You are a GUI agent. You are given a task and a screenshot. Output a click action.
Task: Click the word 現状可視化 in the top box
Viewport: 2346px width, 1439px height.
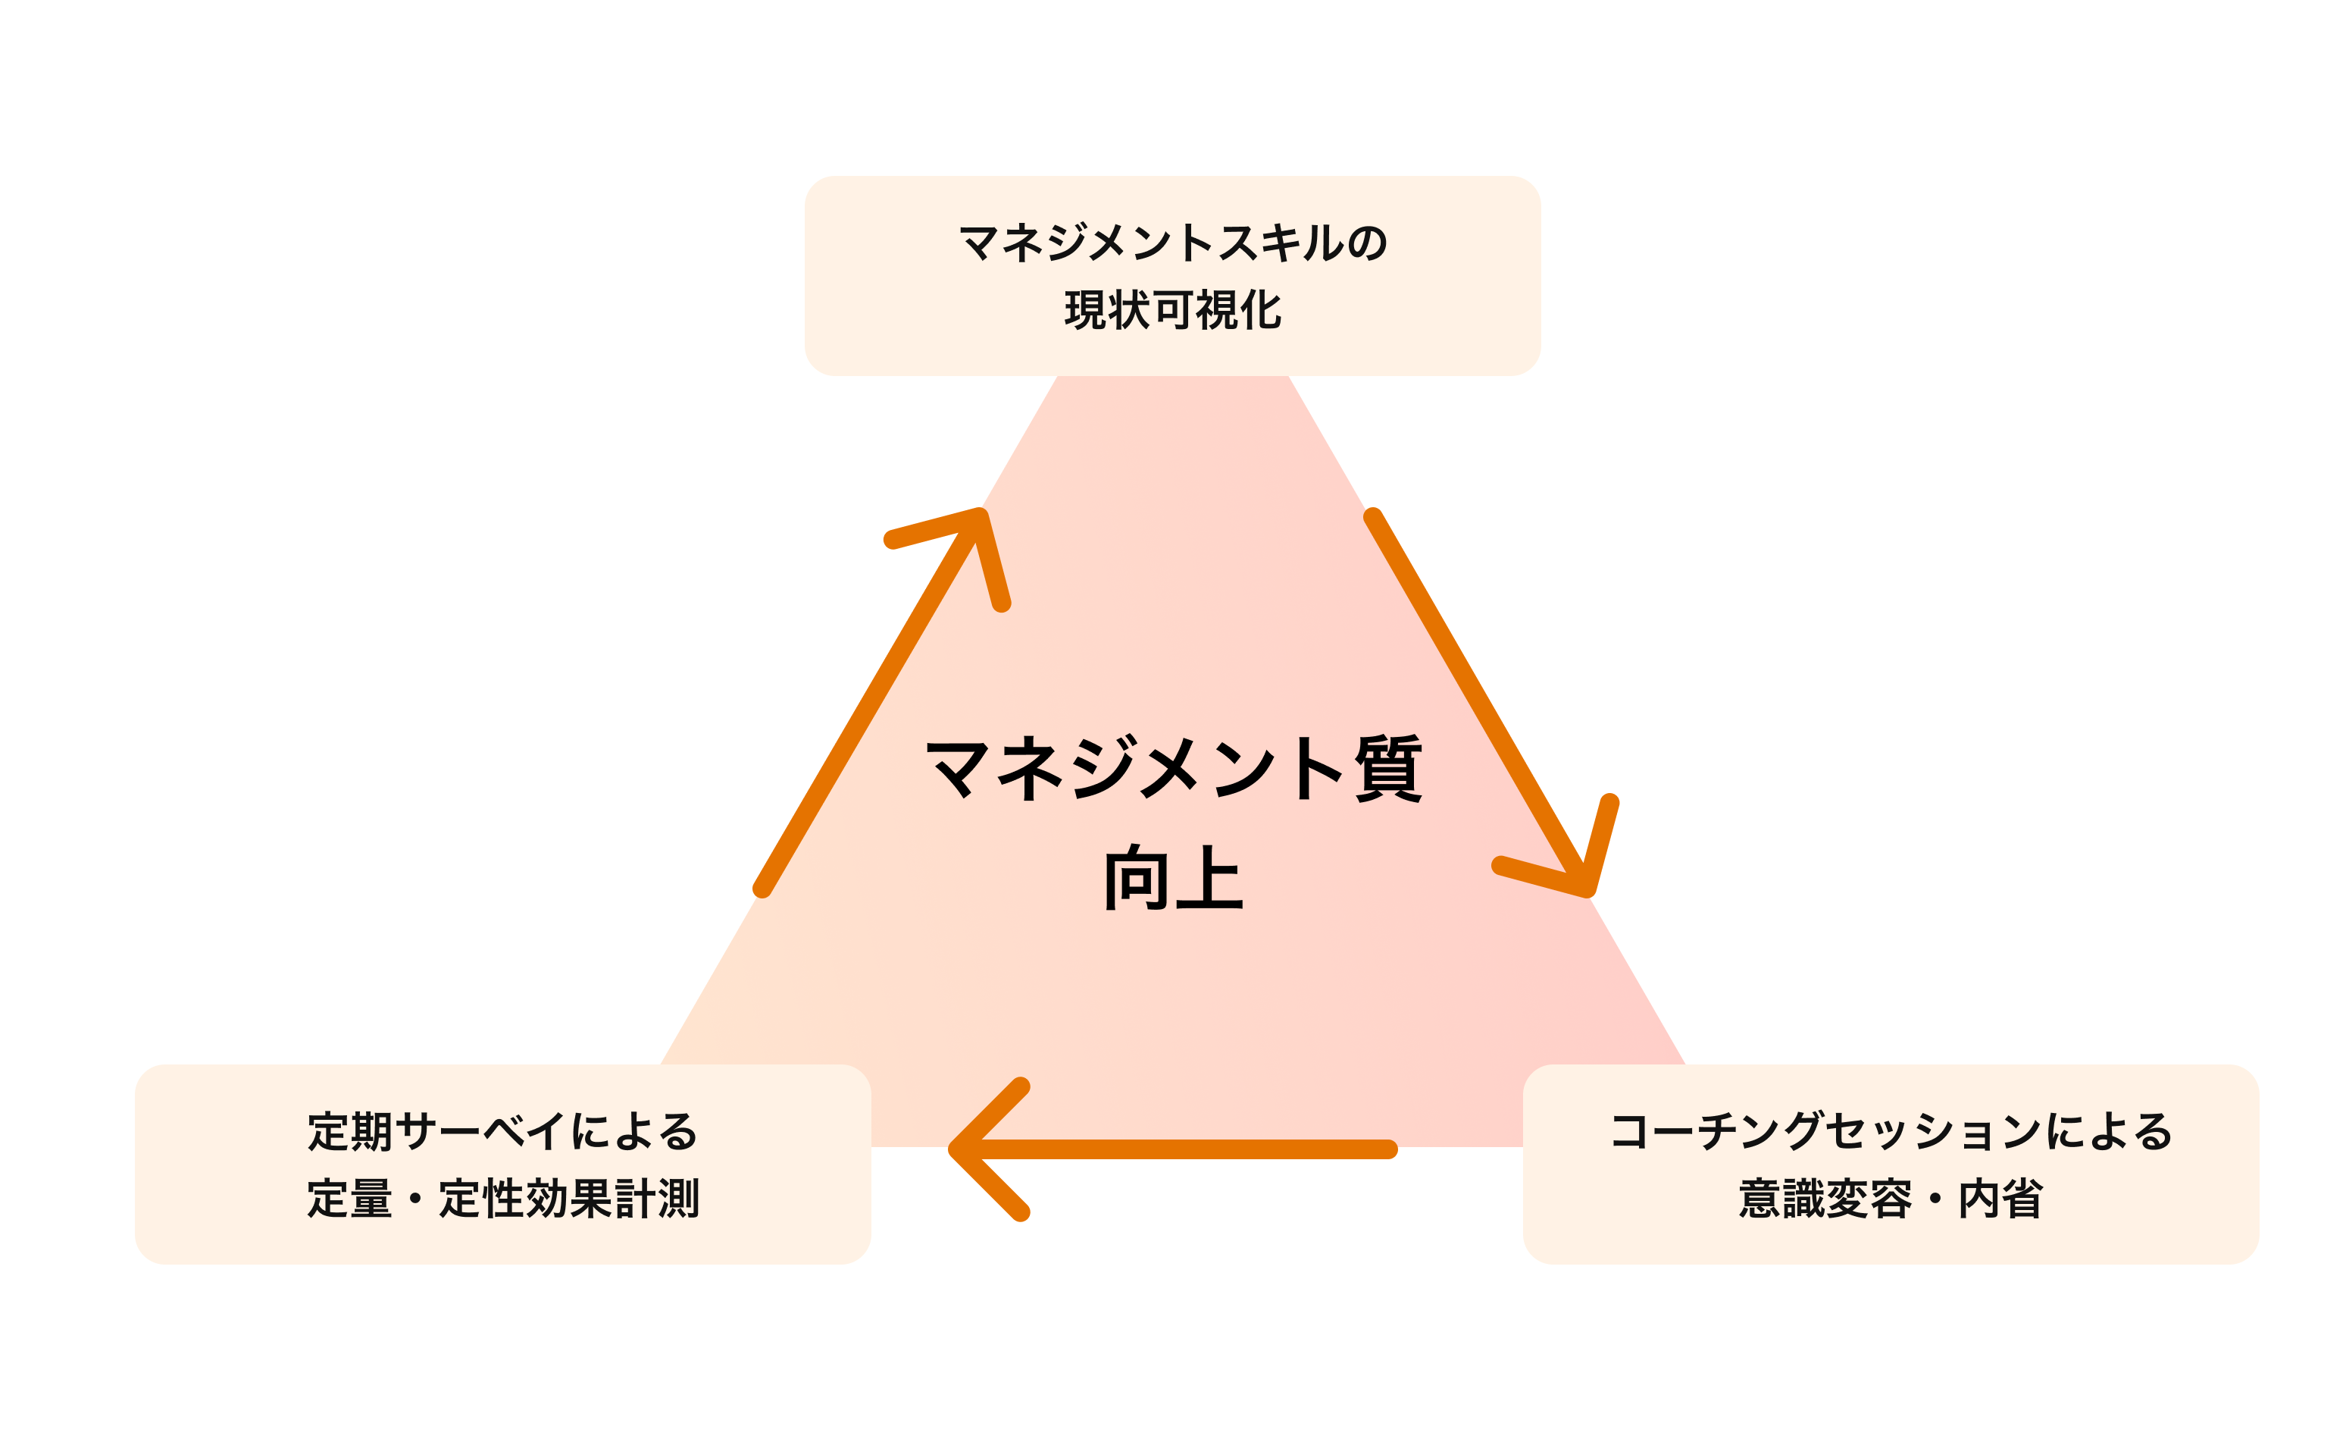tap(1173, 310)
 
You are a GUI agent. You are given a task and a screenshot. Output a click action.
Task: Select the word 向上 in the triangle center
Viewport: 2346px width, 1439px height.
tap(1173, 878)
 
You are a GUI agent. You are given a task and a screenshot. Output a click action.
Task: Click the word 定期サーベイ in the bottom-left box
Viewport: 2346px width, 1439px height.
tap(436, 1131)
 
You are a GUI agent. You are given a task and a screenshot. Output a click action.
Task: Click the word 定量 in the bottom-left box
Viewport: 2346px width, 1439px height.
tap(349, 1198)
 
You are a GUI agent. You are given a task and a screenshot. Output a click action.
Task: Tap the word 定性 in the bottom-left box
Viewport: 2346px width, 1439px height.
tap(480, 1198)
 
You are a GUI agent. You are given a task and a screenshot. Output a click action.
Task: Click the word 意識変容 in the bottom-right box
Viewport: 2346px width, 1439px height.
tap(1824, 1198)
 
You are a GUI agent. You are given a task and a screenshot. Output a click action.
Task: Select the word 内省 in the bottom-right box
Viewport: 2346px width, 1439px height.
tap(2000, 1198)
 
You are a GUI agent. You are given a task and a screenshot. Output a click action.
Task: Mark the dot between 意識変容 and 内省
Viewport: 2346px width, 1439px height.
tap(1935, 1199)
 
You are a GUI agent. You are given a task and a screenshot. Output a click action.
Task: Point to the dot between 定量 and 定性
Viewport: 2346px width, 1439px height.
tap(415, 1199)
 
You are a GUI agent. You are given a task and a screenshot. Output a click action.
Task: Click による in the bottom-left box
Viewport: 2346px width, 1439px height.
tap(634, 1131)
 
